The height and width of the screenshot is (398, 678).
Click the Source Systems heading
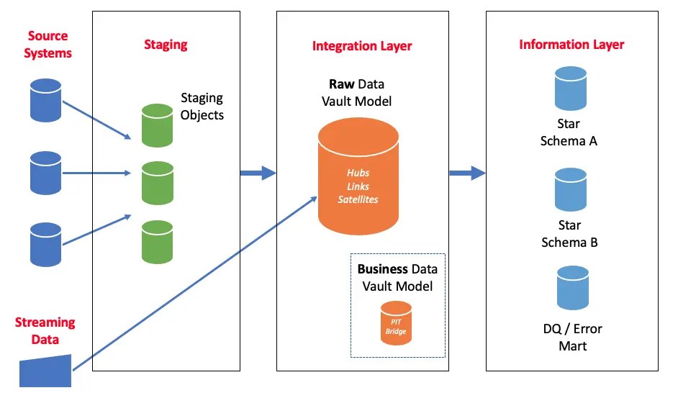(48, 45)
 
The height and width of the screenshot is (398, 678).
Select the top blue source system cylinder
(46, 100)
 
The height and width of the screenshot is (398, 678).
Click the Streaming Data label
(45, 331)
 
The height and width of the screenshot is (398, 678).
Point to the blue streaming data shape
(45, 371)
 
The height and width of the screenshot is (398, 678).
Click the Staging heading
(166, 45)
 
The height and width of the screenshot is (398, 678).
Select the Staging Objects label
(202, 106)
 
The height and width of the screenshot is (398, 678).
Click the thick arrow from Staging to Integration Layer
(258, 173)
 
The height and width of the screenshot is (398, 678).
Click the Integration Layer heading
(362, 46)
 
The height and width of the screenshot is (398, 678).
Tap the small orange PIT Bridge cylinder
(396, 323)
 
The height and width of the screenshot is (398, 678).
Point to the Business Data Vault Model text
(397, 277)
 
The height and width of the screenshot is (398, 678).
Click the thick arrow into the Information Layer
(467, 173)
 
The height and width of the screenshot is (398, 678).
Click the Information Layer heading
(571, 45)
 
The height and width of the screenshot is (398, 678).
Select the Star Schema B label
(569, 234)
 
